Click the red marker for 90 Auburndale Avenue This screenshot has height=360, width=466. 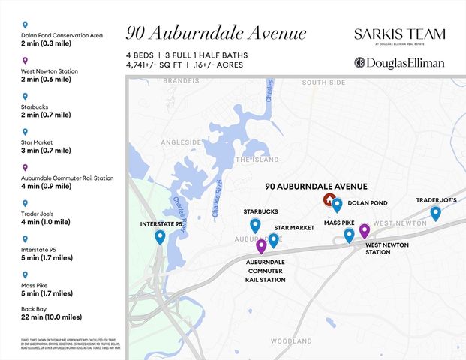click(329, 199)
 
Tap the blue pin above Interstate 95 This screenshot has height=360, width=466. click(160, 237)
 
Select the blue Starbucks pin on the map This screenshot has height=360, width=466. click(255, 225)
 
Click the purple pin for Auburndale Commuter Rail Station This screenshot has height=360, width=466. click(261, 245)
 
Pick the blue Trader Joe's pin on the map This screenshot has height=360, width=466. click(435, 213)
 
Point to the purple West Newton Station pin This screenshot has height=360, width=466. click(365, 230)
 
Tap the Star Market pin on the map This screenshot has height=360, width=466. click(274, 240)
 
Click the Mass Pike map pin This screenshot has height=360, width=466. click(349, 235)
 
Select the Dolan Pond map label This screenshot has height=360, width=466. click(368, 203)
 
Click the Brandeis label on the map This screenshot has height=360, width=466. click(181, 81)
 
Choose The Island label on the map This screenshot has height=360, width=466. click(257, 160)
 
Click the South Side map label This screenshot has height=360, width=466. click(323, 81)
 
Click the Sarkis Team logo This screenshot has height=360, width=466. click(399, 36)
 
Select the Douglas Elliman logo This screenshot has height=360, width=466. click(399, 63)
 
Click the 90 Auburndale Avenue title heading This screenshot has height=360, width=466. click(216, 34)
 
